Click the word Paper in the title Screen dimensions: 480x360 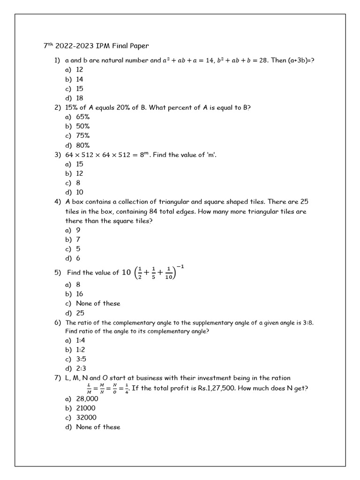coord(138,46)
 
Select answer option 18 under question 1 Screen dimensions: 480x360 coord(80,98)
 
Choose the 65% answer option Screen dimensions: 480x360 coord(82,117)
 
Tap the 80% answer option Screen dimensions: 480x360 coord(82,145)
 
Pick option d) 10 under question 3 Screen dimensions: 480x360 coord(80,192)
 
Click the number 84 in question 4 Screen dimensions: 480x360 coord(153,211)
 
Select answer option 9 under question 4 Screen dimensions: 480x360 coord(78,230)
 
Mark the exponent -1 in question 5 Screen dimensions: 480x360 coord(180,267)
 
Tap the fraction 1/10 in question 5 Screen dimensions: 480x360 coord(169,273)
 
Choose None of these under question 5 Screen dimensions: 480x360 coord(98,303)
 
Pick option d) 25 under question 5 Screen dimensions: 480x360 coord(80,313)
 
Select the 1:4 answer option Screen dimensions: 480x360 coord(80,340)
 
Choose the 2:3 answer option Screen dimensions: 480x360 coord(80,368)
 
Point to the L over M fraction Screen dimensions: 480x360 coord(89,388)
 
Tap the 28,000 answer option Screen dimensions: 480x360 coord(85,398)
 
